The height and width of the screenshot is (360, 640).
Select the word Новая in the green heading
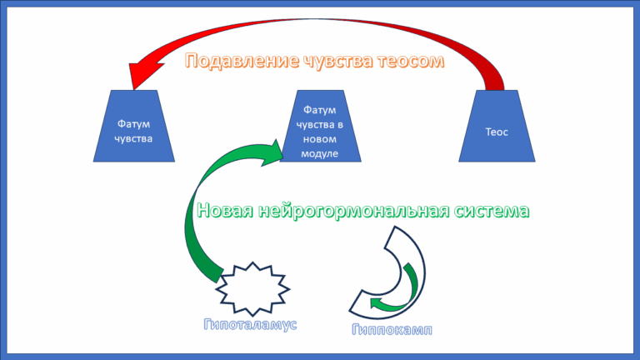[x=225, y=211]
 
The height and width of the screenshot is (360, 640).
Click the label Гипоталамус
[x=250, y=324]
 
